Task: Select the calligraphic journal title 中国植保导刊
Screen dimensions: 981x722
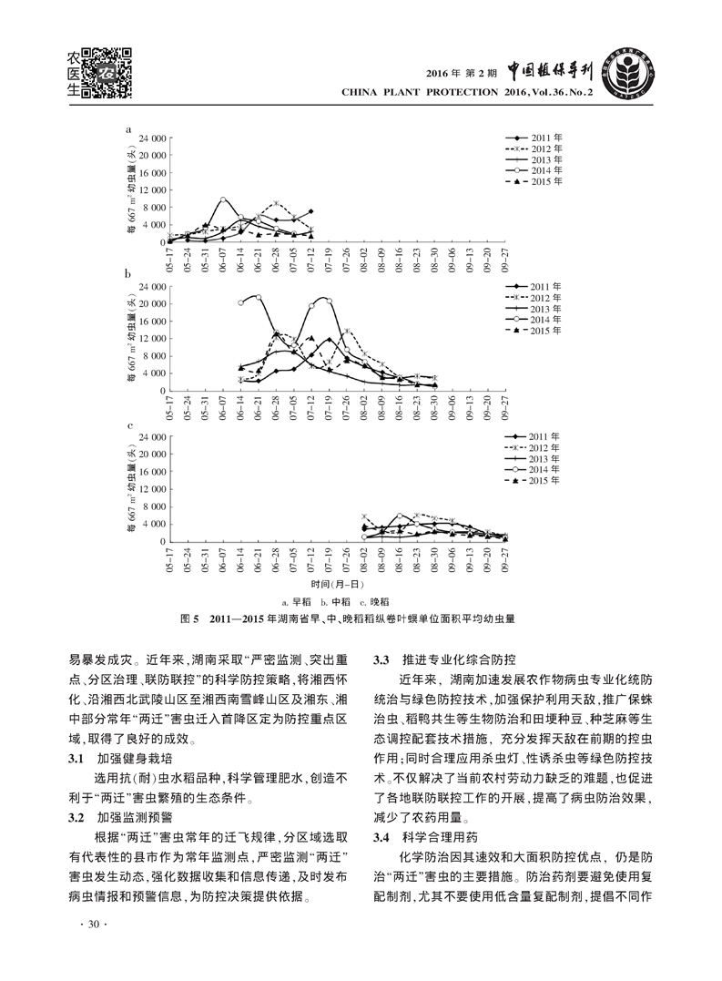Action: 552,71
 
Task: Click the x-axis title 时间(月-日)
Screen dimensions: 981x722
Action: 337,583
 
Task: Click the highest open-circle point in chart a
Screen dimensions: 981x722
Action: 223,199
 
